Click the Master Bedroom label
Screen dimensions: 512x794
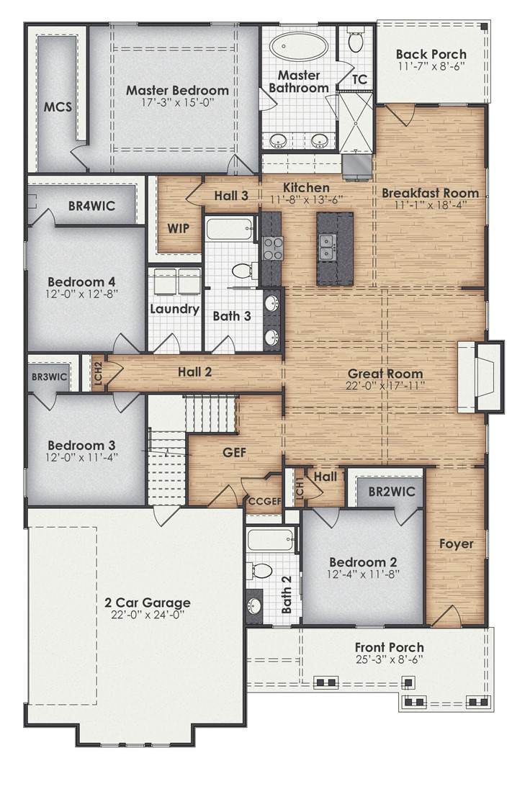(177, 91)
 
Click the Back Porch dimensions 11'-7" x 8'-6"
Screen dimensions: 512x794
(431, 66)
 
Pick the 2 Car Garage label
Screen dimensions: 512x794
(148, 603)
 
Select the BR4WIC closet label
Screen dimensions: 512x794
(91, 206)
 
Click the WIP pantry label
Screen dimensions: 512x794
(179, 228)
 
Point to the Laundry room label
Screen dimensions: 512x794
(174, 309)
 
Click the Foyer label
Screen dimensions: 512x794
(457, 544)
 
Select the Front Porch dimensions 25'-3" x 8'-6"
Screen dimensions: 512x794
(389, 659)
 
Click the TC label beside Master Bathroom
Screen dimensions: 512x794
(359, 80)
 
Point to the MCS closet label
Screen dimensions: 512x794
(58, 107)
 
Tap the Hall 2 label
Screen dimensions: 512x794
(194, 372)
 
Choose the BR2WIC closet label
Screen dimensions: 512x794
(392, 491)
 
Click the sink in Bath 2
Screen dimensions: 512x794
(253, 605)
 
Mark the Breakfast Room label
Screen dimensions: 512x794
(431, 193)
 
